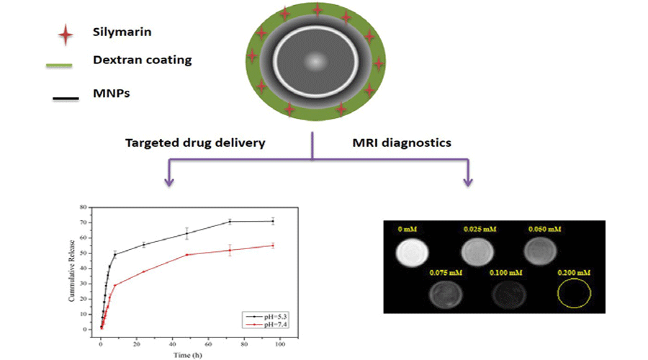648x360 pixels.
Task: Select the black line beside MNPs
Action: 66,99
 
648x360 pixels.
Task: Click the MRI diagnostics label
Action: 407,143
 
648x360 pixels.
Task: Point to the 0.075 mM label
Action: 444,272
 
